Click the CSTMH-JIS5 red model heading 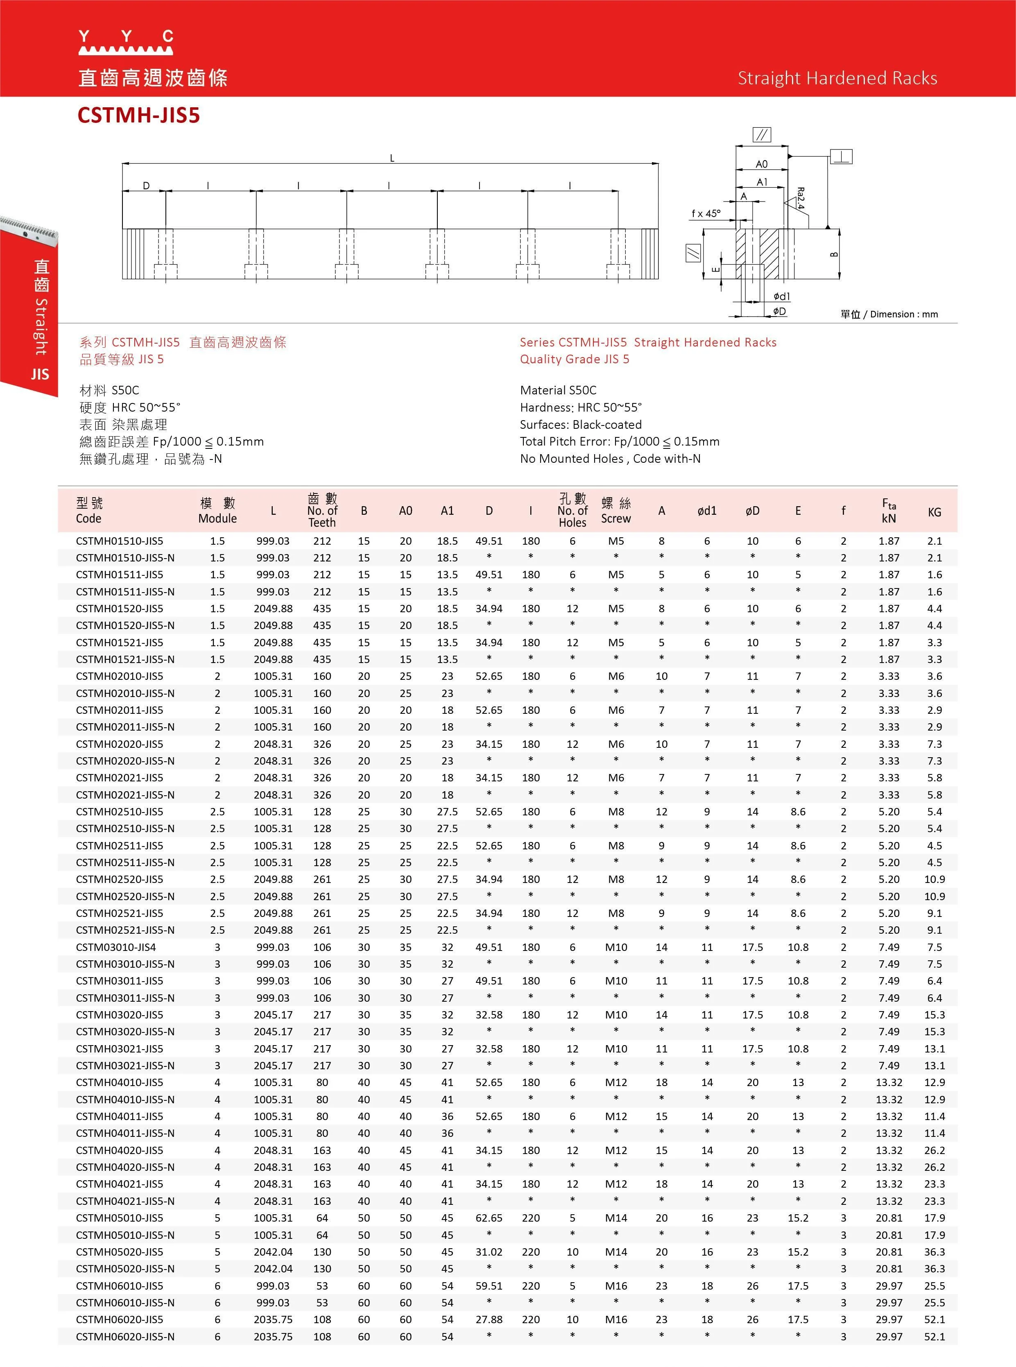pos(138,115)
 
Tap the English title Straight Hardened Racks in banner pos(837,78)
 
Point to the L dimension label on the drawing pos(392,158)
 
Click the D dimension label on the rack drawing pos(146,185)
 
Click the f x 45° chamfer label pos(706,213)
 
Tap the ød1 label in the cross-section pos(782,296)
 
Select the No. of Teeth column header pos(322,510)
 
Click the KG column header pos(934,511)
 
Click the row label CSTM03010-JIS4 pos(116,947)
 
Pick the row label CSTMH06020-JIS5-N pos(125,1336)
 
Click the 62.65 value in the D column pos(489,1218)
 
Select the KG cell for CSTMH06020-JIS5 pos(934,1319)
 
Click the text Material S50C pos(558,390)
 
